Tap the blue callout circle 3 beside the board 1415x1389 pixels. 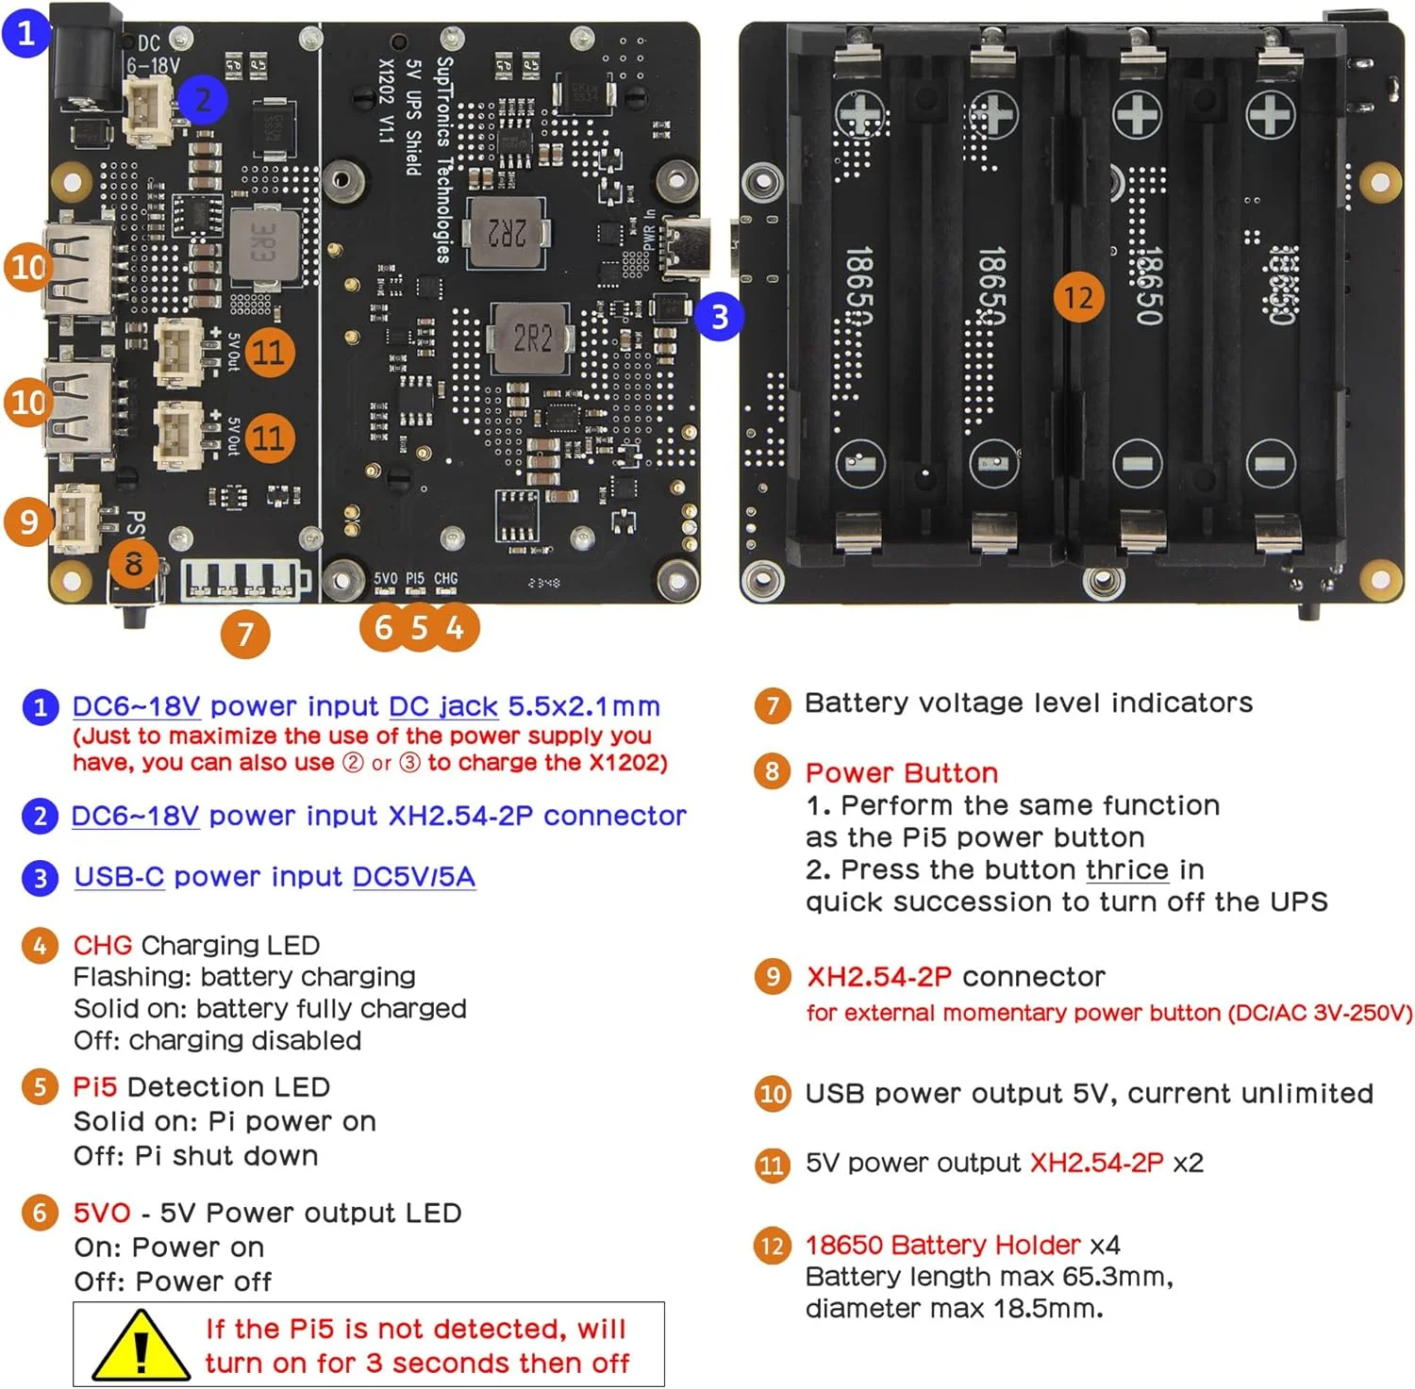point(719,317)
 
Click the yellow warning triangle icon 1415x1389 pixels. point(141,1347)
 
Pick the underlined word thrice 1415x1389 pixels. point(1127,869)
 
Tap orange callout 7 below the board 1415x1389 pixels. point(245,633)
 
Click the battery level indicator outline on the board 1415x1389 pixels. point(244,580)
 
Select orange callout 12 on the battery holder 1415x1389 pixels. point(1078,298)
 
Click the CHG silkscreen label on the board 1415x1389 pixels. point(446,578)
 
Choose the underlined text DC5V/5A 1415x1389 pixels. point(413,877)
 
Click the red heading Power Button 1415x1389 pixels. point(901,773)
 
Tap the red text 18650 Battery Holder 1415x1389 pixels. point(942,1245)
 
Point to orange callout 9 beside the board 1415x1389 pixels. point(28,521)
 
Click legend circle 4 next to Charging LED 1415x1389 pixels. point(40,945)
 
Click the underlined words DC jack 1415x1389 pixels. point(443,706)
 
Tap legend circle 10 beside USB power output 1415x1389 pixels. point(773,1094)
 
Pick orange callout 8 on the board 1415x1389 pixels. point(133,564)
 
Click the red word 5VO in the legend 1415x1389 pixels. point(102,1213)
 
